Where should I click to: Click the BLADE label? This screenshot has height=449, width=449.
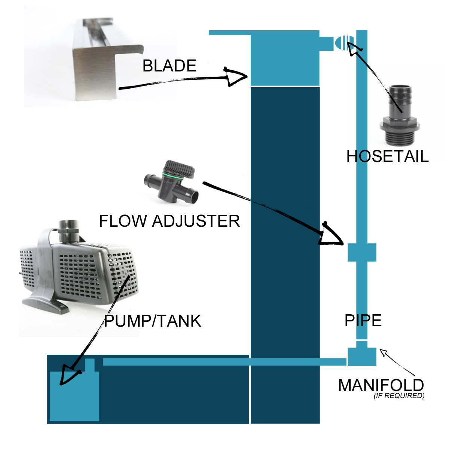click(x=169, y=66)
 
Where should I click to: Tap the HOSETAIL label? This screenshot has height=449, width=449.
click(x=387, y=156)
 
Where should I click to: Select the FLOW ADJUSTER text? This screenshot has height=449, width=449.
click(x=169, y=221)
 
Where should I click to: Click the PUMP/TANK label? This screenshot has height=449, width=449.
click(x=153, y=321)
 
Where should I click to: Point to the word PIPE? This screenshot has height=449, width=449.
click(x=363, y=321)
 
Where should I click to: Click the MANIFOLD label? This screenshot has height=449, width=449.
click(x=381, y=385)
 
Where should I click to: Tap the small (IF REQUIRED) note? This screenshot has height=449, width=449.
click(x=399, y=396)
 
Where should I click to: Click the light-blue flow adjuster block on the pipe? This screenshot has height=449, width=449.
click(x=362, y=252)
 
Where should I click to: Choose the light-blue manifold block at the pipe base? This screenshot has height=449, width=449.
click(x=362, y=357)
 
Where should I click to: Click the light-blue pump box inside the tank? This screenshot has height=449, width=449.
click(x=74, y=395)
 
